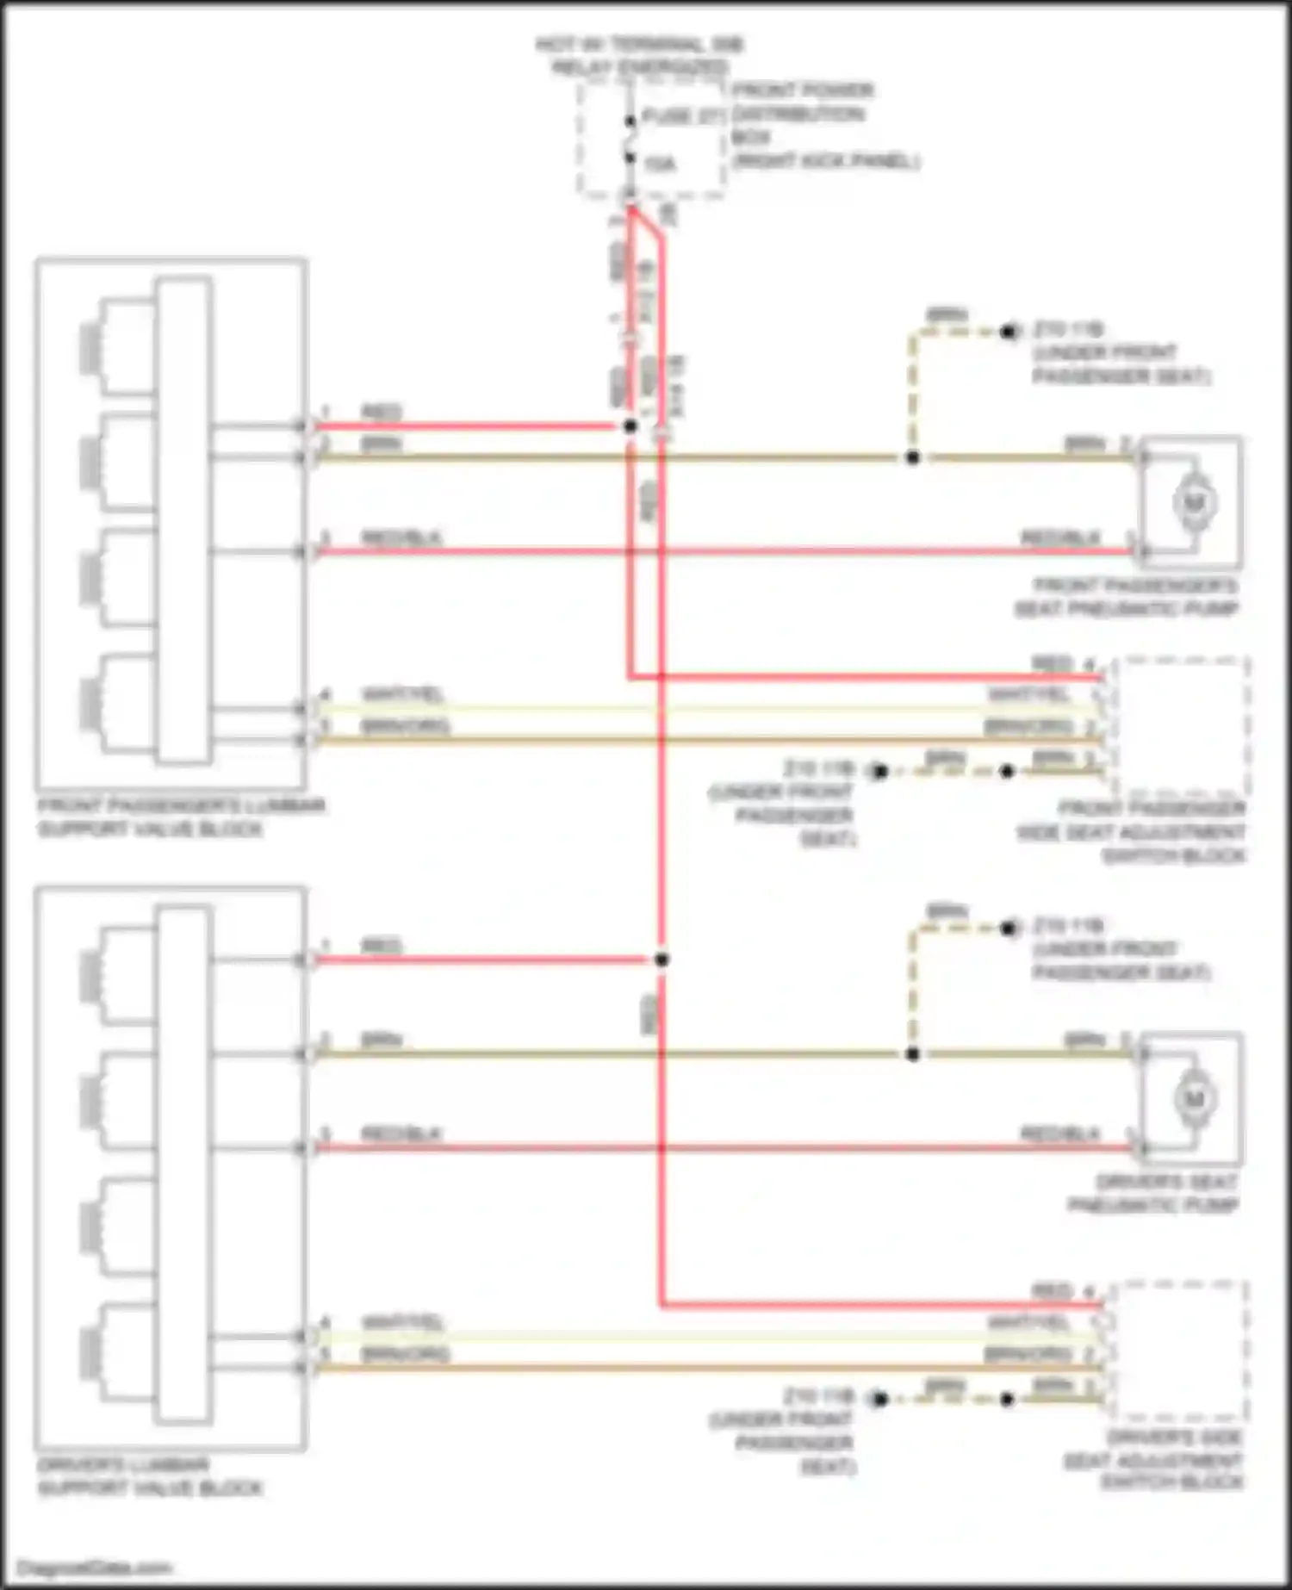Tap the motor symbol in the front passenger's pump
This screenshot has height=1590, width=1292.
1194,502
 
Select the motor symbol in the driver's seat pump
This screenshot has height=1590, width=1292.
1194,1099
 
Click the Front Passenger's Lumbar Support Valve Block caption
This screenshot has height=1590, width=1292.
181,817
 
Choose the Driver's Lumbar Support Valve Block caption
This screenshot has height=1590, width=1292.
150,1476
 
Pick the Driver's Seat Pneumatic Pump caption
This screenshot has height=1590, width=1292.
1154,1193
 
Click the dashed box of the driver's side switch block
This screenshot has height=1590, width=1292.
1177,1350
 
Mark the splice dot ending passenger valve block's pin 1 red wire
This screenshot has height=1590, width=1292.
630,425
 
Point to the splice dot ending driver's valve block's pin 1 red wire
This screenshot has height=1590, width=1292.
662,960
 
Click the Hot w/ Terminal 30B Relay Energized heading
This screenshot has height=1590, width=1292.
639,55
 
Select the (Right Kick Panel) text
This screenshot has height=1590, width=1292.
827,161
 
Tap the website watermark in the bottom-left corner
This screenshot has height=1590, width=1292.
95,1568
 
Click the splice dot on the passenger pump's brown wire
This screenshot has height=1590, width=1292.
913,457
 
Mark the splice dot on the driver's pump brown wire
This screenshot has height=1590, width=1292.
913,1054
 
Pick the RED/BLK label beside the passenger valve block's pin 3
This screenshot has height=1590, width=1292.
401,538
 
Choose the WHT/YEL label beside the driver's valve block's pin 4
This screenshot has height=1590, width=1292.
402,1322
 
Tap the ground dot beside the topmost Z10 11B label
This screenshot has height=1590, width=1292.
1009,331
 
